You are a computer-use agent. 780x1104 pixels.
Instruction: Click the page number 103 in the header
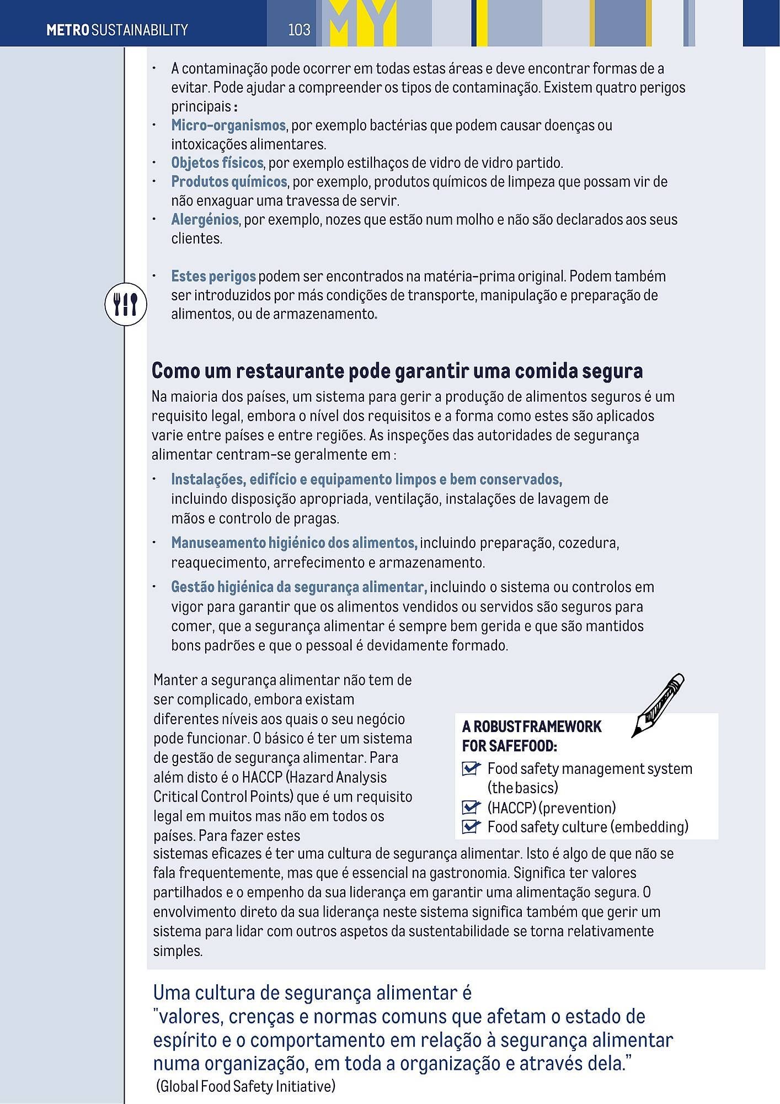299,30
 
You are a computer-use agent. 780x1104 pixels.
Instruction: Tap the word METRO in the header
67,30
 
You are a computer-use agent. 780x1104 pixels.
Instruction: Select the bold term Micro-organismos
228,125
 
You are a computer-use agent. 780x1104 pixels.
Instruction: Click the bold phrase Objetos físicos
217,163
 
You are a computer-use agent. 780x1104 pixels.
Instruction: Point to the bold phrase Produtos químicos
229,182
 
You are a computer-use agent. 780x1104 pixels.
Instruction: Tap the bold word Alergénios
205,220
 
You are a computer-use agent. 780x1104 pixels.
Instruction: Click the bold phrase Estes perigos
213,276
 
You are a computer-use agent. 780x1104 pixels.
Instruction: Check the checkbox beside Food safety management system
471,768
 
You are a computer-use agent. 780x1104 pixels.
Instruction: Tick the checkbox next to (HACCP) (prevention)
471,808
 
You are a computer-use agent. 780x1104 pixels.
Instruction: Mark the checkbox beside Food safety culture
471,826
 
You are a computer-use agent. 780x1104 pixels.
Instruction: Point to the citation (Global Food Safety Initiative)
246,1086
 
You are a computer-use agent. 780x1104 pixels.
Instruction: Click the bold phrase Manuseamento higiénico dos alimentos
294,543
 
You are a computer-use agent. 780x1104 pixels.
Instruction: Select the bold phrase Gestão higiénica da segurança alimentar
299,587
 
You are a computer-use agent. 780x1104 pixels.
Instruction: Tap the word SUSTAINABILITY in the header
140,30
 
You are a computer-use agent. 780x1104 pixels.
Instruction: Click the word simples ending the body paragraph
177,951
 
